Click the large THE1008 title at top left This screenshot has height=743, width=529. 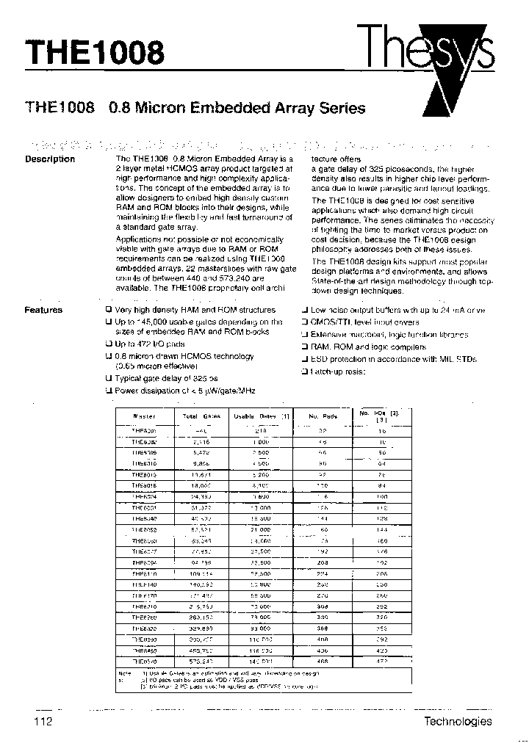(95, 53)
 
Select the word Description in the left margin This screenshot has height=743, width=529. (50, 159)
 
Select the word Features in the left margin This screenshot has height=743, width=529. (43, 310)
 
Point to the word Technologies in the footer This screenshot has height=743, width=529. (458, 721)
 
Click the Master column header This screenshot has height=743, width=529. (144, 416)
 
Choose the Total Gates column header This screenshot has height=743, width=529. (201, 416)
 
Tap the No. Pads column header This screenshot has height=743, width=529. (323, 416)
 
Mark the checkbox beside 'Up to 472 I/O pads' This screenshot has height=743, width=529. (108, 344)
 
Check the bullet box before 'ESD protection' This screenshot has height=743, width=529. (304, 359)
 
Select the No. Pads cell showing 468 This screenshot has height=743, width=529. (323, 662)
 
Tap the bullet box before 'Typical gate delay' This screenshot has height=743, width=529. (108, 378)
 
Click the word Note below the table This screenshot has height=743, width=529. (125, 673)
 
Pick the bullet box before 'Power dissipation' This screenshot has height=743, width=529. (108, 391)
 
